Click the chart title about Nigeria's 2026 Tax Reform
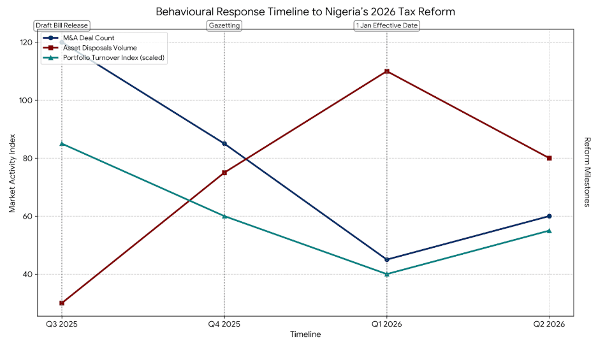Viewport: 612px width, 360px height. click(x=305, y=11)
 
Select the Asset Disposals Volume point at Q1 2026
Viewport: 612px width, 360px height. click(x=387, y=71)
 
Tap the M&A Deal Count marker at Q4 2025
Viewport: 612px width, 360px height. click(x=224, y=143)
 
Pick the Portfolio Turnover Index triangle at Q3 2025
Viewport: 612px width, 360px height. click(x=62, y=143)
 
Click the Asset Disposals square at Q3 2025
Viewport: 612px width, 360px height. click(x=62, y=303)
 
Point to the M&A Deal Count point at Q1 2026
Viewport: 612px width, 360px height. click(x=387, y=259)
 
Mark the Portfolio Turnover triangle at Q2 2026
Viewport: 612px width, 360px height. click(x=550, y=231)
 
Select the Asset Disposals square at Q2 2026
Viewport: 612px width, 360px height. click(x=550, y=158)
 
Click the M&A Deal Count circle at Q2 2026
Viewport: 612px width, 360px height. click(x=550, y=216)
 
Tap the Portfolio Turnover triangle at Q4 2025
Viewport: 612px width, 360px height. click(x=224, y=216)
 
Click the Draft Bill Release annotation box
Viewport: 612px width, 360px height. click(x=62, y=25)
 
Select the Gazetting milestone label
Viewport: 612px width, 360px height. click(x=224, y=25)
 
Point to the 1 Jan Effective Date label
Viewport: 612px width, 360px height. click(x=387, y=25)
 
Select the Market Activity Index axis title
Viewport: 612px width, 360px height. click(x=12, y=173)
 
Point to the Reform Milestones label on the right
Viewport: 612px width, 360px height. click(x=587, y=172)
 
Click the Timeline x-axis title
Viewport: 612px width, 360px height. click(x=305, y=334)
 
